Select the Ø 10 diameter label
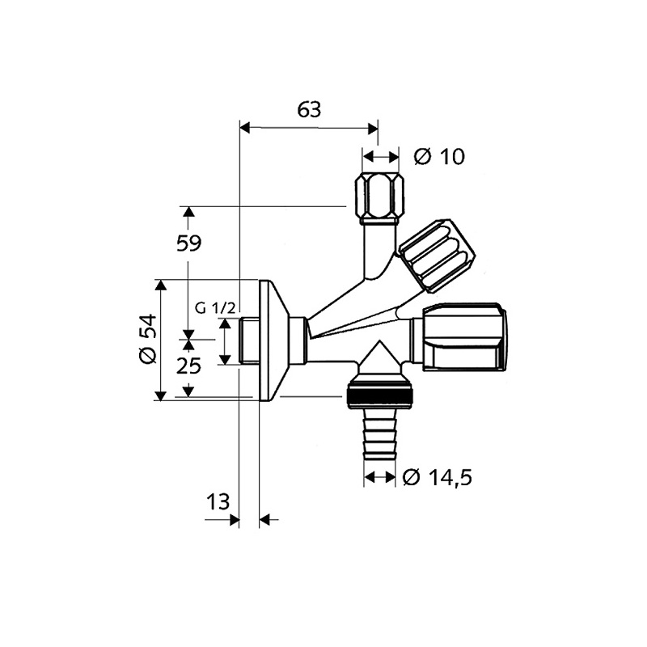coord(439,156)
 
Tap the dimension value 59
coord(188,243)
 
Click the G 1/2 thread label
coord(216,308)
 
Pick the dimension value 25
coord(188,366)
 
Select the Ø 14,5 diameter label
coord(438,478)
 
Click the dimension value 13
coord(218,501)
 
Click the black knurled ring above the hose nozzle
coord(379,397)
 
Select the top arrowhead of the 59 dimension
coord(188,212)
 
